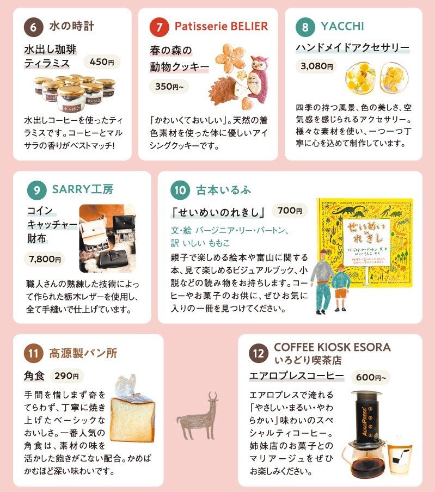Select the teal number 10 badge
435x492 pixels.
click(x=179, y=190)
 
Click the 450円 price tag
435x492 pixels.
click(x=102, y=62)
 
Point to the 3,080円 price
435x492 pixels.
click(x=316, y=66)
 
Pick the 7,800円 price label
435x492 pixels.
click(x=45, y=259)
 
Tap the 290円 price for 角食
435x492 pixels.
click(x=67, y=376)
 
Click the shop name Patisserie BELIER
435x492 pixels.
click(x=221, y=26)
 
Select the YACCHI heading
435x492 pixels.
click(x=342, y=26)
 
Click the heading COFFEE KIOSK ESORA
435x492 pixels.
click(x=332, y=347)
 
